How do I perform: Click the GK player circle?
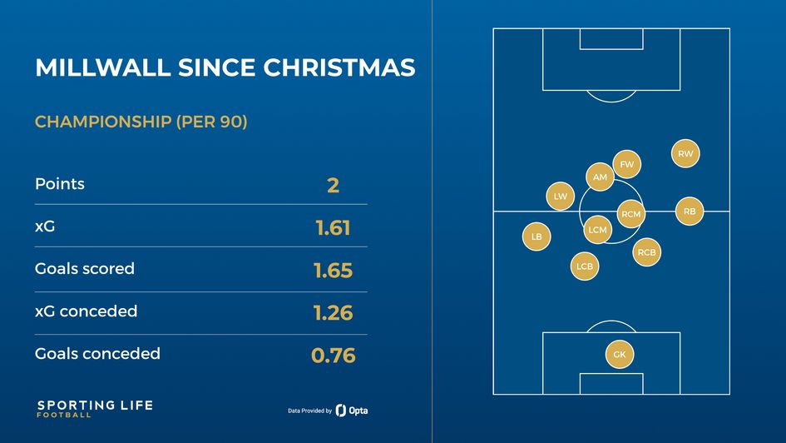(620, 355)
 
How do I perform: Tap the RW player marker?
(685, 154)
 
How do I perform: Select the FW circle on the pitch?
(627, 165)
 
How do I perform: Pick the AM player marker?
(600, 177)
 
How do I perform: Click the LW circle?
(561, 197)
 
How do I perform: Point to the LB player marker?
(536, 237)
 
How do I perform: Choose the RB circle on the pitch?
(690, 212)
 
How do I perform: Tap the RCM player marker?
(631, 214)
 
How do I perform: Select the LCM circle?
(597, 230)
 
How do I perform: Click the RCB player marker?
(647, 252)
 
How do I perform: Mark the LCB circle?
(585, 266)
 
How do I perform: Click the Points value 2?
(333, 185)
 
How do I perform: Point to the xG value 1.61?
(333, 228)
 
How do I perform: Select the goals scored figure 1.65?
(333, 271)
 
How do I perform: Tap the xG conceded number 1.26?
(333, 313)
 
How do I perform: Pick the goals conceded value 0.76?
(333, 356)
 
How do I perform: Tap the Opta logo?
(352, 411)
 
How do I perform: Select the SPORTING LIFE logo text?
(94, 406)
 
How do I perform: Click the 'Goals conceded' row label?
(97, 354)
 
